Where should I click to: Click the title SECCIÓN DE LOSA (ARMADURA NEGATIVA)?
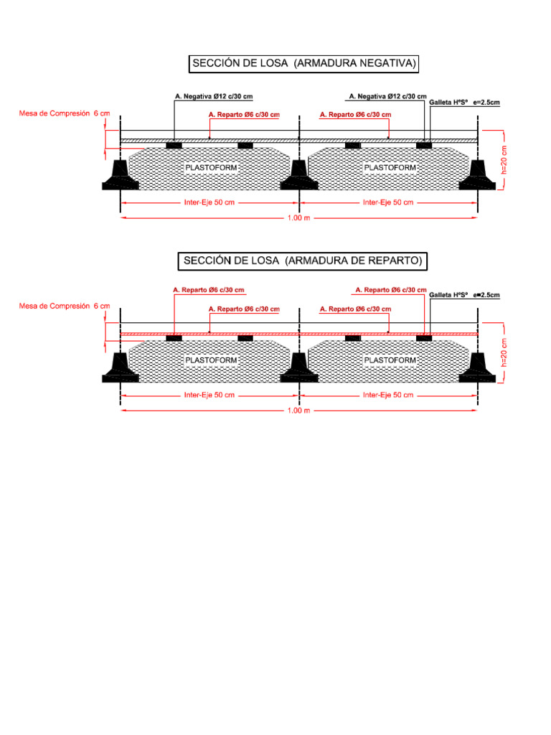[303, 64]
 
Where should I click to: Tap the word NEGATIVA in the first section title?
[377, 64]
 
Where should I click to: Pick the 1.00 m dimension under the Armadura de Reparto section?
[298, 411]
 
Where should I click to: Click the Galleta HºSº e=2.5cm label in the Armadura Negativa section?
[464, 103]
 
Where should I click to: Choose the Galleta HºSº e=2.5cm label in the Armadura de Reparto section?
[464, 295]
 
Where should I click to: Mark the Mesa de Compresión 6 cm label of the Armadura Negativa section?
[65, 113]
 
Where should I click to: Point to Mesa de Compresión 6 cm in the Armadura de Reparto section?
[65, 306]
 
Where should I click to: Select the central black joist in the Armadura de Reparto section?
[299, 369]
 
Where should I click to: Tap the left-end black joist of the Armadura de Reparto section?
[120, 369]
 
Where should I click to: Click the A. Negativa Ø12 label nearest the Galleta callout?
[387, 95]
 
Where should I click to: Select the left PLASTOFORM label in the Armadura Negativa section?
[211, 168]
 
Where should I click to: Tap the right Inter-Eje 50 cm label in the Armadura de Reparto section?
[388, 395]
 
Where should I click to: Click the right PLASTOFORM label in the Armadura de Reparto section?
[390, 360]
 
